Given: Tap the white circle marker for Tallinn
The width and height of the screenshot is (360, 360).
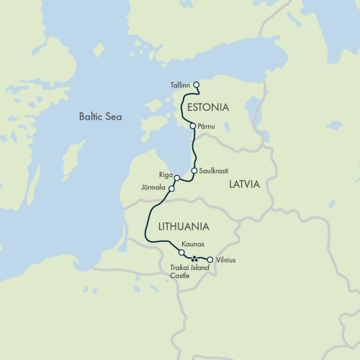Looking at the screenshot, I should coord(197,85).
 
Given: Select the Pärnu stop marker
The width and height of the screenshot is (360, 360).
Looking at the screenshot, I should coord(192,126).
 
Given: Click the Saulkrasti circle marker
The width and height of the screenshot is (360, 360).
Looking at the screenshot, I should coord(194,171).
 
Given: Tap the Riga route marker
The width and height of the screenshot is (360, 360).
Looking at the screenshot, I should coord(176,178).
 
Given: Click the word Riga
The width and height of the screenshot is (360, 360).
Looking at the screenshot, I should coord(165,175).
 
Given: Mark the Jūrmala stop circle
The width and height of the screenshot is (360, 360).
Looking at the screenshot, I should coord(171,189).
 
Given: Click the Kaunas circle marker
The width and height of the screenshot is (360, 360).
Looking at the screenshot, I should coord(181,253).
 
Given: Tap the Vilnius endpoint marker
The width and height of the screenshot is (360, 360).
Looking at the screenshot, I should coord(210,259).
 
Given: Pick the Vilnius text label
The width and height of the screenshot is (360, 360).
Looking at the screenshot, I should coord(225,259).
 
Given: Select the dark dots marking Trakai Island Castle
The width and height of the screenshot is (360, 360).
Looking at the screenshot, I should coord(194,259).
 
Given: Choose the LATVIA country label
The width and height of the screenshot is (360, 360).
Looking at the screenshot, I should coord(244,184).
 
